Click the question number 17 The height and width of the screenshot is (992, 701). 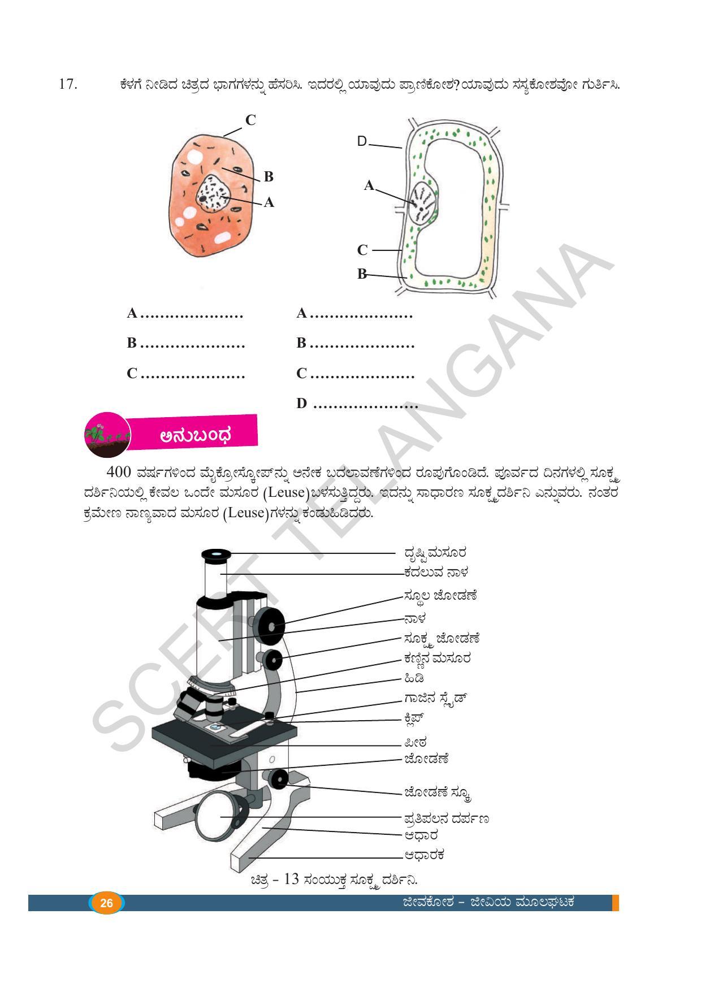67,85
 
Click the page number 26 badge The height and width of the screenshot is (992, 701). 106,903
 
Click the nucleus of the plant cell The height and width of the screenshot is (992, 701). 423,204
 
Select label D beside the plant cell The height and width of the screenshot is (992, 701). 362,141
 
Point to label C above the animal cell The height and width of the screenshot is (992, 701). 250,120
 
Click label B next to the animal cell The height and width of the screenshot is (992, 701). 269,177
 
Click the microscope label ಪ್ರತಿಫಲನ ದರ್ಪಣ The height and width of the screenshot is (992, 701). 446,818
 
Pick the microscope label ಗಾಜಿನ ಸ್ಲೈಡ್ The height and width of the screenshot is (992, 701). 435,699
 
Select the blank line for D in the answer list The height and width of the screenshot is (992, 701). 365,405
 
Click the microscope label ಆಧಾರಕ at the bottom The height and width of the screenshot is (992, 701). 424,855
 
